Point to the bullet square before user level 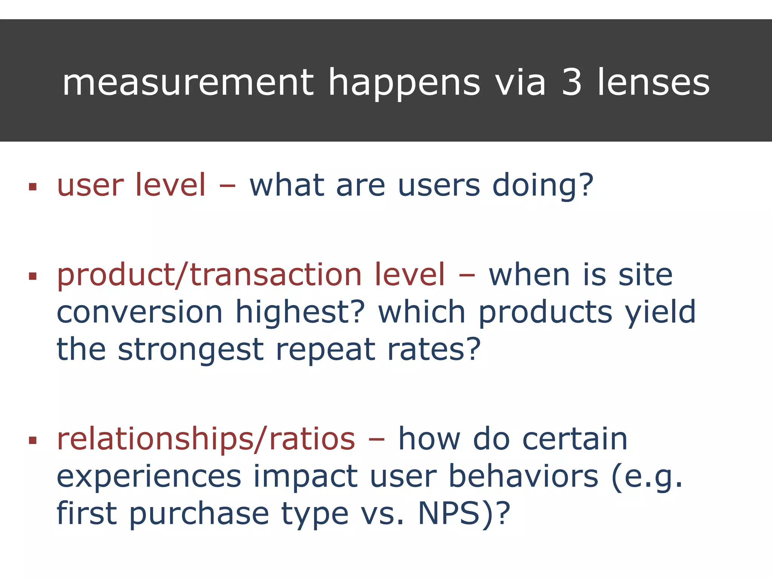33,187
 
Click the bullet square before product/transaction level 33,276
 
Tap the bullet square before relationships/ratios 33,440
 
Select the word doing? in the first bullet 543,187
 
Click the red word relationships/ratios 206,440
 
